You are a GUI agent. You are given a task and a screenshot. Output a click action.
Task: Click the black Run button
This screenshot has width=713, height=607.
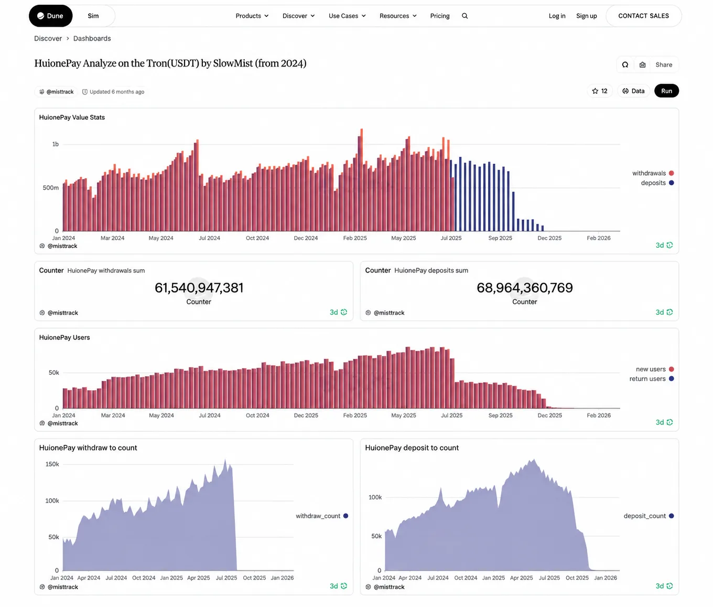[666, 91]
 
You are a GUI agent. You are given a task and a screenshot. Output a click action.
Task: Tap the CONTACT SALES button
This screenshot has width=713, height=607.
[643, 16]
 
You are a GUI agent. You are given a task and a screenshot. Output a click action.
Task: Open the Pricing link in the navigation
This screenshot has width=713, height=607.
[439, 16]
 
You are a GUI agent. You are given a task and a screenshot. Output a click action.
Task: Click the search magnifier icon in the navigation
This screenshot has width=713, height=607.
[464, 16]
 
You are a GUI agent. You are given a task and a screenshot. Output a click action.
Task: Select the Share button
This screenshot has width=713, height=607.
[663, 65]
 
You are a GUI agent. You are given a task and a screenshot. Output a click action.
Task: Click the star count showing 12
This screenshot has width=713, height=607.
[600, 91]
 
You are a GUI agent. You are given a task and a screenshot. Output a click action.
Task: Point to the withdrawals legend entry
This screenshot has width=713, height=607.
[653, 173]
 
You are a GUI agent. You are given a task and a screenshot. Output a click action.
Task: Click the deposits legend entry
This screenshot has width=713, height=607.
[657, 183]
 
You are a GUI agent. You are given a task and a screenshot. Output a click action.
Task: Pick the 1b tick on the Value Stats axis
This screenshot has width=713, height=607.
[55, 144]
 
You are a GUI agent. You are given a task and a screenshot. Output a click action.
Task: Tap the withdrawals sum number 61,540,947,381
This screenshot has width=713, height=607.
[199, 287]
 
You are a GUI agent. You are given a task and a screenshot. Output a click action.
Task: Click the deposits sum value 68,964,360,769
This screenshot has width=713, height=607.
[524, 287]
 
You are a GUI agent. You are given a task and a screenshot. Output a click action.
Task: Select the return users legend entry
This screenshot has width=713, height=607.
[651, 378]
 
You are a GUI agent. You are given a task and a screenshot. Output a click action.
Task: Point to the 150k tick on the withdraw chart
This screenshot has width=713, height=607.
[52, 464]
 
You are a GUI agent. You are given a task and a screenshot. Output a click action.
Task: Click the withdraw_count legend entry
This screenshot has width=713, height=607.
[321, 516]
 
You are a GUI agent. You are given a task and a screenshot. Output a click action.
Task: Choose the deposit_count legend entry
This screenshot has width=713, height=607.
[649, 516]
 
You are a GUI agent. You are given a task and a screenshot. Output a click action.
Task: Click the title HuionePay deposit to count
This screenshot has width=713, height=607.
[412, 448]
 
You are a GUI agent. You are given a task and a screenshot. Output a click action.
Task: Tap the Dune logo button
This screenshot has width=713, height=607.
[50, 16]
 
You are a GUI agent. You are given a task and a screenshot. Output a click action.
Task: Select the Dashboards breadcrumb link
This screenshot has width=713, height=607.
[92, 38]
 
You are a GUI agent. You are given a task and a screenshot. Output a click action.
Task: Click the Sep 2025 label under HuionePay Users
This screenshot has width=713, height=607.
[500, 416]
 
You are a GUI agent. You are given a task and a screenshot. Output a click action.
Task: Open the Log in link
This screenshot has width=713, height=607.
[557, 16]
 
